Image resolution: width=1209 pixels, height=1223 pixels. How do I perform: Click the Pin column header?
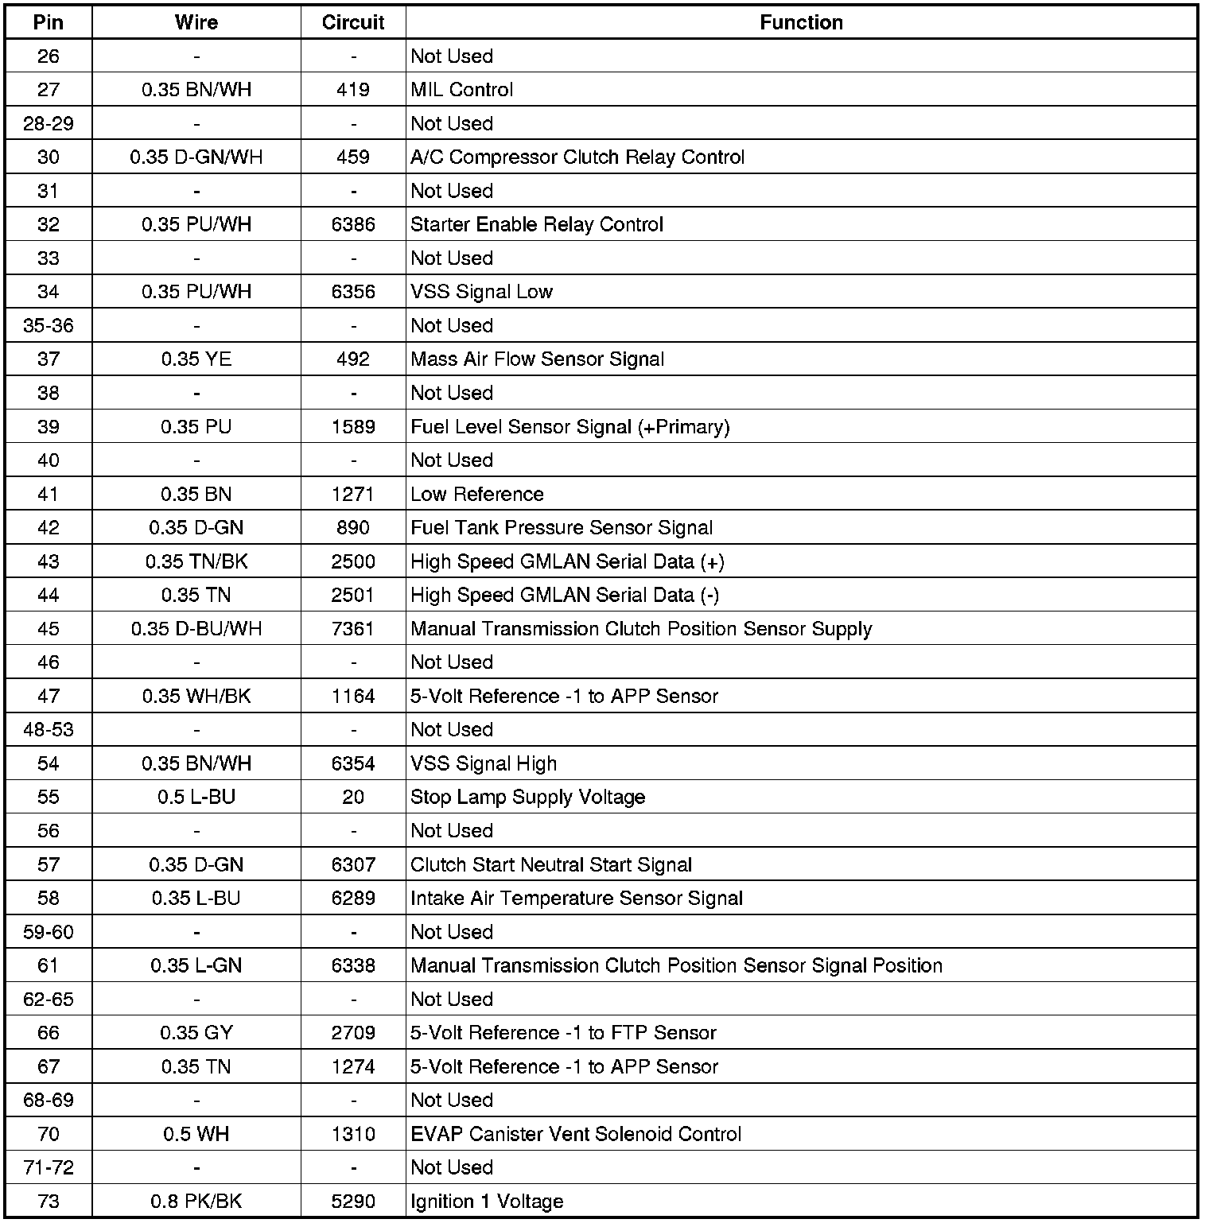click(x=49, y=22)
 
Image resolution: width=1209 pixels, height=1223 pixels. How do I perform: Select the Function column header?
click(x=801, y=22)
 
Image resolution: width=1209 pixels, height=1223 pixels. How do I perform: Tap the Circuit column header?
click(x=353, y=22)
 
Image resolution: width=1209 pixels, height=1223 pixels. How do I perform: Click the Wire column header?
click(x=196, y=22)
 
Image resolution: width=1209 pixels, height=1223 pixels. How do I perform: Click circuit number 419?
click(x=353, y=90)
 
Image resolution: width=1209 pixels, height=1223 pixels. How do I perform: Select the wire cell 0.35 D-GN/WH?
click(x=196, y=157)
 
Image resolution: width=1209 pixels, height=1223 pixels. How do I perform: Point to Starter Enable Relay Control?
click(x=537, y=224)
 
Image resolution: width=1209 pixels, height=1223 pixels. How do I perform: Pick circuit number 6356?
click(x=353, y=292)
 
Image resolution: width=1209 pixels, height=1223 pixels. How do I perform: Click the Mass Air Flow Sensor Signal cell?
click(x=538, y=359)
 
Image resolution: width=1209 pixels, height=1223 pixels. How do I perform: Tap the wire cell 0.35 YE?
click(x=196, y=359)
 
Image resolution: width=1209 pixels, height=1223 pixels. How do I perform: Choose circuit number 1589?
click(x=353, y=427)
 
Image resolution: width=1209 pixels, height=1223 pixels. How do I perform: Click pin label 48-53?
click(x=49, y=730)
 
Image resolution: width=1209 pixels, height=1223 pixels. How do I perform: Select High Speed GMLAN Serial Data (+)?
click(x=567, y=562)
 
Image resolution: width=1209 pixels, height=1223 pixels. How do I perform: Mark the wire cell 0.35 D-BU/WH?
click(x=196, y=629)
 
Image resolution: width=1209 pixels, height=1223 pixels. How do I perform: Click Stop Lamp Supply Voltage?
click(x=528, y=798)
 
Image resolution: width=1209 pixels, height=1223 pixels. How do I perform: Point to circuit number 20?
click(x=353, y=798)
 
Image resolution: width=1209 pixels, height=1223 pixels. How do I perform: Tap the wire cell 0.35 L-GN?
click(x=196, y=966)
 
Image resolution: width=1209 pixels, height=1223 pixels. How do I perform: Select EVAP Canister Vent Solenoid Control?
click(x=576, y=1134)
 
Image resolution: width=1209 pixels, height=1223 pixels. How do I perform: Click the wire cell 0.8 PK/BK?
click(x=196, y=1202)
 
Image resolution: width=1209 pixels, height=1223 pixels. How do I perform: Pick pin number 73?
click(x=49, y=1202)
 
